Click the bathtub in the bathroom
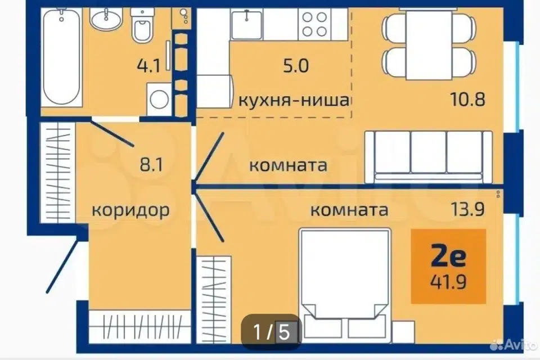coord(62,57)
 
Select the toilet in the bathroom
coord(142,25)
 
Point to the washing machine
coord(159,99)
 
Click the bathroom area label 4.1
coord(148,66)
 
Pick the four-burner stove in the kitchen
coord(314,24)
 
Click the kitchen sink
coord(246,24)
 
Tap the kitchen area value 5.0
coord(296,65)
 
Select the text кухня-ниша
coord(294,100)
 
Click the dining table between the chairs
coord(429,44)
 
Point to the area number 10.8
coord(467,99)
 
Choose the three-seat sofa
coord(429,157)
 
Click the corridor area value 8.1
coord(151,165)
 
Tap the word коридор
coord(130,210)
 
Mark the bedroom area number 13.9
coord(467,209)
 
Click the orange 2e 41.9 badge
coord(448,266)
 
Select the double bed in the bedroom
coord(345,285)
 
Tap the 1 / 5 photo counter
coord(271,332)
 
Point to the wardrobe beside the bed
coord(214,300)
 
